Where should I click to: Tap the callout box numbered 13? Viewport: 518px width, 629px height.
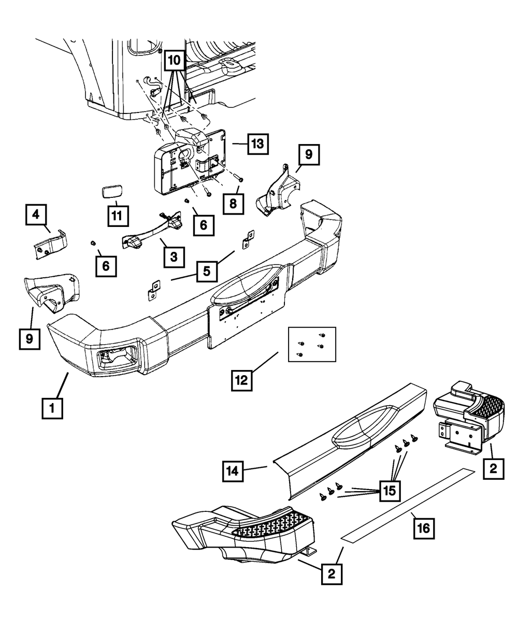click(257, 144)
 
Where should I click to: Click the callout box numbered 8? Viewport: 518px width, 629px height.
click(233, 204)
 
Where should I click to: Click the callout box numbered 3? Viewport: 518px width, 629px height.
click(174, 256)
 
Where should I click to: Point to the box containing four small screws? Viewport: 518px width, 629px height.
click(312, 345)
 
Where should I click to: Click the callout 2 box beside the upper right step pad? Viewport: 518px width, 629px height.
click(493, 469)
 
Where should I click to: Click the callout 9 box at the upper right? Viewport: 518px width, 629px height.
click(308, 154)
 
